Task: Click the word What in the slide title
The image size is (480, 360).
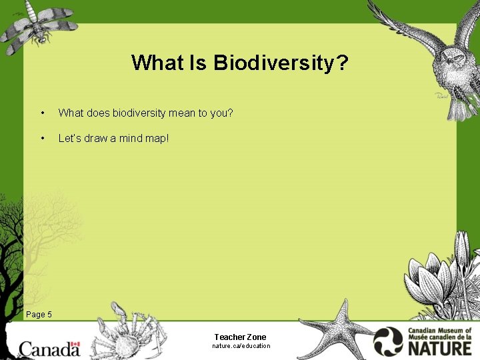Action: click(x=151, y=63)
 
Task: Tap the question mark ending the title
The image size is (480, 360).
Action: click(x=342, y=63)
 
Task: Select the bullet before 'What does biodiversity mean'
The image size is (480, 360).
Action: click(x=43, y=113)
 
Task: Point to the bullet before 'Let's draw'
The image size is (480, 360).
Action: click(x=43, y=139)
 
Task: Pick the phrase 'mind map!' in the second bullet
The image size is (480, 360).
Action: click(x=147, y=138)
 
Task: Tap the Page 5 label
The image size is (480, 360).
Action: click(x=39, y=314)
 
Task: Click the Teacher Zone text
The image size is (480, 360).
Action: click(x=240, y=337)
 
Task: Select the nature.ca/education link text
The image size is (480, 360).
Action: click(x=241, y=346)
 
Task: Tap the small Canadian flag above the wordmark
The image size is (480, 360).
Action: click(x=75, y=346)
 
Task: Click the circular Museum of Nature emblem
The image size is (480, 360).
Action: click(x=388, y=341)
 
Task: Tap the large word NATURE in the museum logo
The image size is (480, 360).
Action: click(x=441, y=347)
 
